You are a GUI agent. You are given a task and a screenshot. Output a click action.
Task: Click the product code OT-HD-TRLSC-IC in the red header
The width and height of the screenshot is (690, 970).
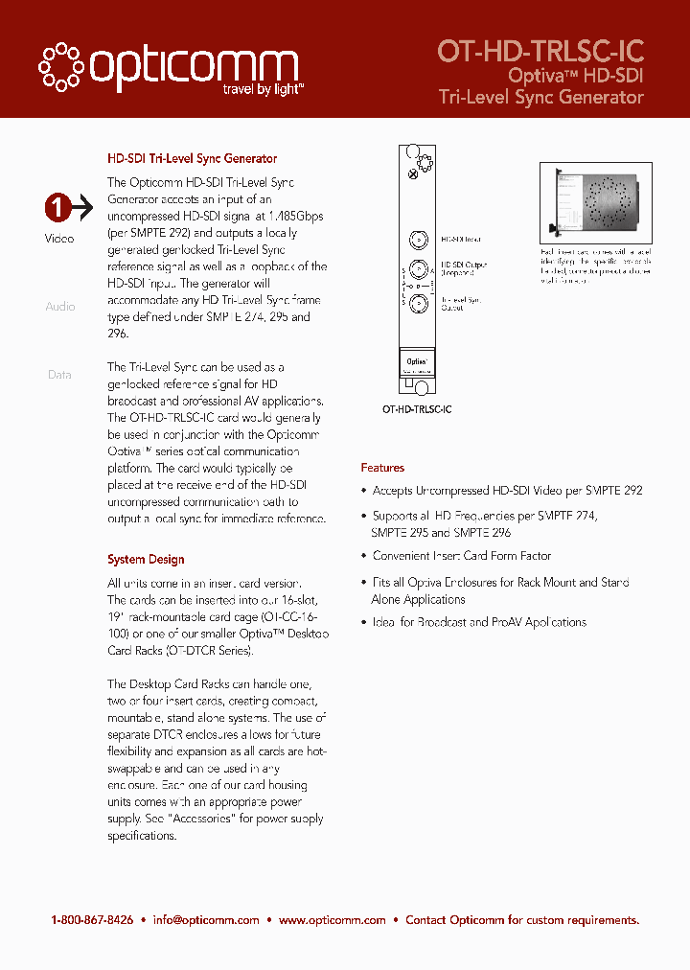(540, 51)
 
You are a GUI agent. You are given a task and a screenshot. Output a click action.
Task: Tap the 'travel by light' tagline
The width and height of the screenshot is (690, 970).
(263, 89)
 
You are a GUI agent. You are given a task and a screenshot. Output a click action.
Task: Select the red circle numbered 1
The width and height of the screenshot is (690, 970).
(58, 206)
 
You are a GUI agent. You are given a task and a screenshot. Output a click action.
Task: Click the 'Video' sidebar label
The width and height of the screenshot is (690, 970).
(59, 239)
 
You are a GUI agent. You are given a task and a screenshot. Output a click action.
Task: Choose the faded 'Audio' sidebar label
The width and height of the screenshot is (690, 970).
(59, 307)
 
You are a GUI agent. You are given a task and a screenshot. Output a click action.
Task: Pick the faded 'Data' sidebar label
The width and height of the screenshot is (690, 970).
(59, 375)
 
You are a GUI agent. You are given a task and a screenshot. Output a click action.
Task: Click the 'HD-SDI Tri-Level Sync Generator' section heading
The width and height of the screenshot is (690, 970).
(192, 159)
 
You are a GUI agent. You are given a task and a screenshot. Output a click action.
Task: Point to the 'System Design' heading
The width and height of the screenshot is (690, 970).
(146, 560)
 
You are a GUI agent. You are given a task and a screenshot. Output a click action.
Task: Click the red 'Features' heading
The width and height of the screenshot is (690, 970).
(382, 468)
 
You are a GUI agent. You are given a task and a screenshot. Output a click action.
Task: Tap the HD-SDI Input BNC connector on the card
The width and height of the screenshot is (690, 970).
(418, 240)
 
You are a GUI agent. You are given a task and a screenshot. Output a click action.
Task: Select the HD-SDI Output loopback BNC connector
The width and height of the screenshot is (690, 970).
(418, 269)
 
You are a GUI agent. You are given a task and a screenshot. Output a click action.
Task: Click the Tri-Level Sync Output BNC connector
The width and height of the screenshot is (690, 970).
(418, 305)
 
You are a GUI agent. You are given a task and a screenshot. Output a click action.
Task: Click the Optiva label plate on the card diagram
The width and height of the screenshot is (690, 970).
(417, 363)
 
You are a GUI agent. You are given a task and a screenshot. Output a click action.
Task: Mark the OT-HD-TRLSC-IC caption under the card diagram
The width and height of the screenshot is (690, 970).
(417, 409)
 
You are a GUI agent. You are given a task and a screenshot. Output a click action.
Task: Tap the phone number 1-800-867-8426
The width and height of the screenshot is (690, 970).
(92, 920)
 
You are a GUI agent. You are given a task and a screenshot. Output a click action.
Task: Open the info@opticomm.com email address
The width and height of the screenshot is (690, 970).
(205, 920)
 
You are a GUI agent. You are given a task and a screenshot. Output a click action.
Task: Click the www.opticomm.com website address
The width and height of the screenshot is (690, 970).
(333, 920)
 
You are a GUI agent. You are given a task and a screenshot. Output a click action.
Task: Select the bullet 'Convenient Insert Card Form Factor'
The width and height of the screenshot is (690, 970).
(461, 556)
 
